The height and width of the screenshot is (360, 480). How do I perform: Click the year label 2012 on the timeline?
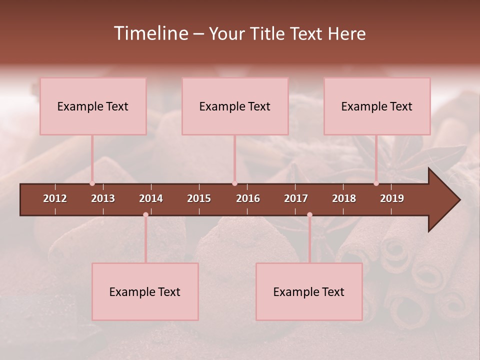tap(55, 198)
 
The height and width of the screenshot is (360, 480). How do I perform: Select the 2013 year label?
tap(103, 198)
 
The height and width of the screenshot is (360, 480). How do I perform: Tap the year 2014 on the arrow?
tap(151, 198)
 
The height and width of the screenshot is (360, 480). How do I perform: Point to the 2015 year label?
tap(199, 198)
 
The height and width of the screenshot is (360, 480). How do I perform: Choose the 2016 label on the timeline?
tap(248, 198)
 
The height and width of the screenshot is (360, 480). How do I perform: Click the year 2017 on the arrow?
tap(296, 198)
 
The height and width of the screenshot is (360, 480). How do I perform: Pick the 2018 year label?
tap(344, 198)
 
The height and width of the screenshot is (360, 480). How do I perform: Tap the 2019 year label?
tap(392, 198)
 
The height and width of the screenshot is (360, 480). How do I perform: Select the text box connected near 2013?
tap(93, 106)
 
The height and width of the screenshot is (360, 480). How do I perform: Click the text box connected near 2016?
tap(235, 106)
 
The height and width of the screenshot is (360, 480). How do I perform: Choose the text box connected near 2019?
tap(377, 106)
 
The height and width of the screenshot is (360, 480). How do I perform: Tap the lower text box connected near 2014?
tap(145, 291)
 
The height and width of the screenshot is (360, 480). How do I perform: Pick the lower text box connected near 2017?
tap(309, 291)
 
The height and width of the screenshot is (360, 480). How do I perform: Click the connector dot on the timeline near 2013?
tap(92, 183)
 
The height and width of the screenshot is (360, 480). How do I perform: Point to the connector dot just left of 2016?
tap(234, 183)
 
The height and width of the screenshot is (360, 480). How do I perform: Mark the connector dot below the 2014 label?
tap(145, 214)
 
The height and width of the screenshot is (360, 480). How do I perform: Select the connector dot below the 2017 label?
tap(309, 214)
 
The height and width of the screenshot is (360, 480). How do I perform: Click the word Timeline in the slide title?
tap(150, 33)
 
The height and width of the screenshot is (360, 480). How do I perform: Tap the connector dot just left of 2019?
tap(376, 183)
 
